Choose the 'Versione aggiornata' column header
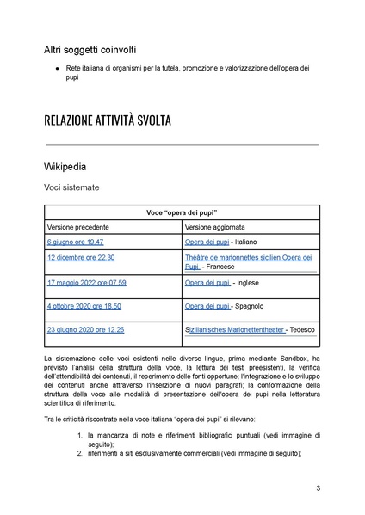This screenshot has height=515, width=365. (215, 226)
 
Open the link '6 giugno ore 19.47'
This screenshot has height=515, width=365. (75, 242)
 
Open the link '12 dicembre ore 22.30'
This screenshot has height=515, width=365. (81, 257)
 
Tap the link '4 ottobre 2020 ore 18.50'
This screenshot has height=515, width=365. (84, 305)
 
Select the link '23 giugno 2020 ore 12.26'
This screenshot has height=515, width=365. (85, 329)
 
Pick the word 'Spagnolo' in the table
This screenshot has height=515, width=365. (250, 305)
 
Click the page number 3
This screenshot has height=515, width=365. (319, 489)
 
